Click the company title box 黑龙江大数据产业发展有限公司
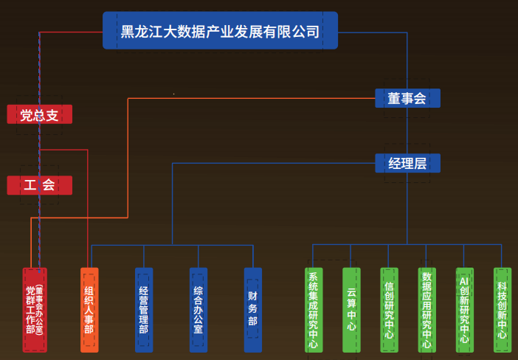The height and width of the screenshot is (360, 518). click(220, 31)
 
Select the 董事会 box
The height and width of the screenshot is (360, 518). click(407, 98)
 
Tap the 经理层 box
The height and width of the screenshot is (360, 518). click(407, 163)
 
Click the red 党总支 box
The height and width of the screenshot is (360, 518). click(40, 114)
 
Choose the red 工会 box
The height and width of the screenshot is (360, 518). click(40, 185)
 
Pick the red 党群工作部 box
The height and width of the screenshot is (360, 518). click(35, 310)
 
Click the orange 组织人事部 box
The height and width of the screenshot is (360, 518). click(89, 310)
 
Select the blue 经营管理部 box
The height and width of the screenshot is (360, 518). click(144, 310)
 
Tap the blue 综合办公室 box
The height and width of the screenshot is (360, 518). click(198, 310)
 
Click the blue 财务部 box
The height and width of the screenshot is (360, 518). click(253, 310)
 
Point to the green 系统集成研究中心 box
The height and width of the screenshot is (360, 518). click(314, 310)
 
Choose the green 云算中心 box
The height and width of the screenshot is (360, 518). click(351, 310)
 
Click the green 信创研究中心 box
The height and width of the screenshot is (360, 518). click(389, 310)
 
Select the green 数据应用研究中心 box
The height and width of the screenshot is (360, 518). click(427, 310)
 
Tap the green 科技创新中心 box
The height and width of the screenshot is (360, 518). click(502, 310)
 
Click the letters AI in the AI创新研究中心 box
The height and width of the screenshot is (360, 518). click(464, 282)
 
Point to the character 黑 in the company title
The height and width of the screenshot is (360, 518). click(128, 32)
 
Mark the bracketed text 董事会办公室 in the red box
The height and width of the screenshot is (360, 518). click(40, 310)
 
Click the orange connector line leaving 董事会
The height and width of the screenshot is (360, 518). click(251, 98)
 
